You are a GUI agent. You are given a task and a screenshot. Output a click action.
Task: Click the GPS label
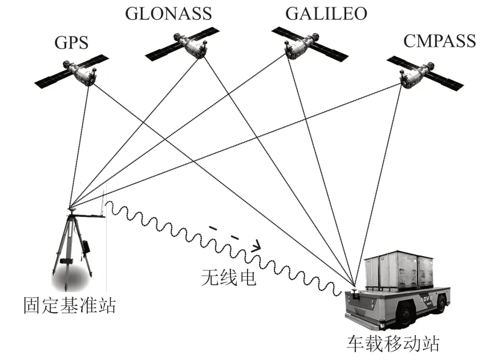click(71, 42)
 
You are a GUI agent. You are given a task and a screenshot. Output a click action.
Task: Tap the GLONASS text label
click(168, 13)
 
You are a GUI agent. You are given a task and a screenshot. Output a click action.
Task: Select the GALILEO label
click(326, 13)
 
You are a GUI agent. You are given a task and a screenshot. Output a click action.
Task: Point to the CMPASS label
click(439, 41)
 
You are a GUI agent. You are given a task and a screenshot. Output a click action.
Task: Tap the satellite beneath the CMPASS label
click(424, 74)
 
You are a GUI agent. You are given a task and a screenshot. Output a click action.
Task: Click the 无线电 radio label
click(229, 277)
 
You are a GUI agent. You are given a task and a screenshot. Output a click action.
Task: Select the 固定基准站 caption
click(70, 305)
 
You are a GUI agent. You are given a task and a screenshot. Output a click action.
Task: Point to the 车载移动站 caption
click(393, 343)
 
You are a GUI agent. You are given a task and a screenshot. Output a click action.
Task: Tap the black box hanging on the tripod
click(86, 247)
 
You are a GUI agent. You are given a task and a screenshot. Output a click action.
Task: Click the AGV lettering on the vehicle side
click(427, 298)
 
